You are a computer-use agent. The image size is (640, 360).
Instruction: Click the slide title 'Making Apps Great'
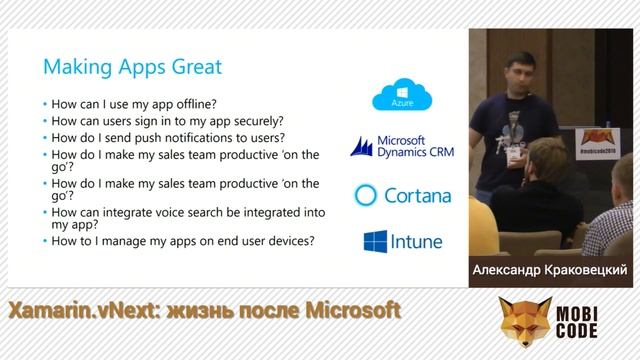pos(132,68)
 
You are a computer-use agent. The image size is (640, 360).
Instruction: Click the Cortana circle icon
pos(367,194)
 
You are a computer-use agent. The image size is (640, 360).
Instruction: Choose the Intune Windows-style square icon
pos(375,242)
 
